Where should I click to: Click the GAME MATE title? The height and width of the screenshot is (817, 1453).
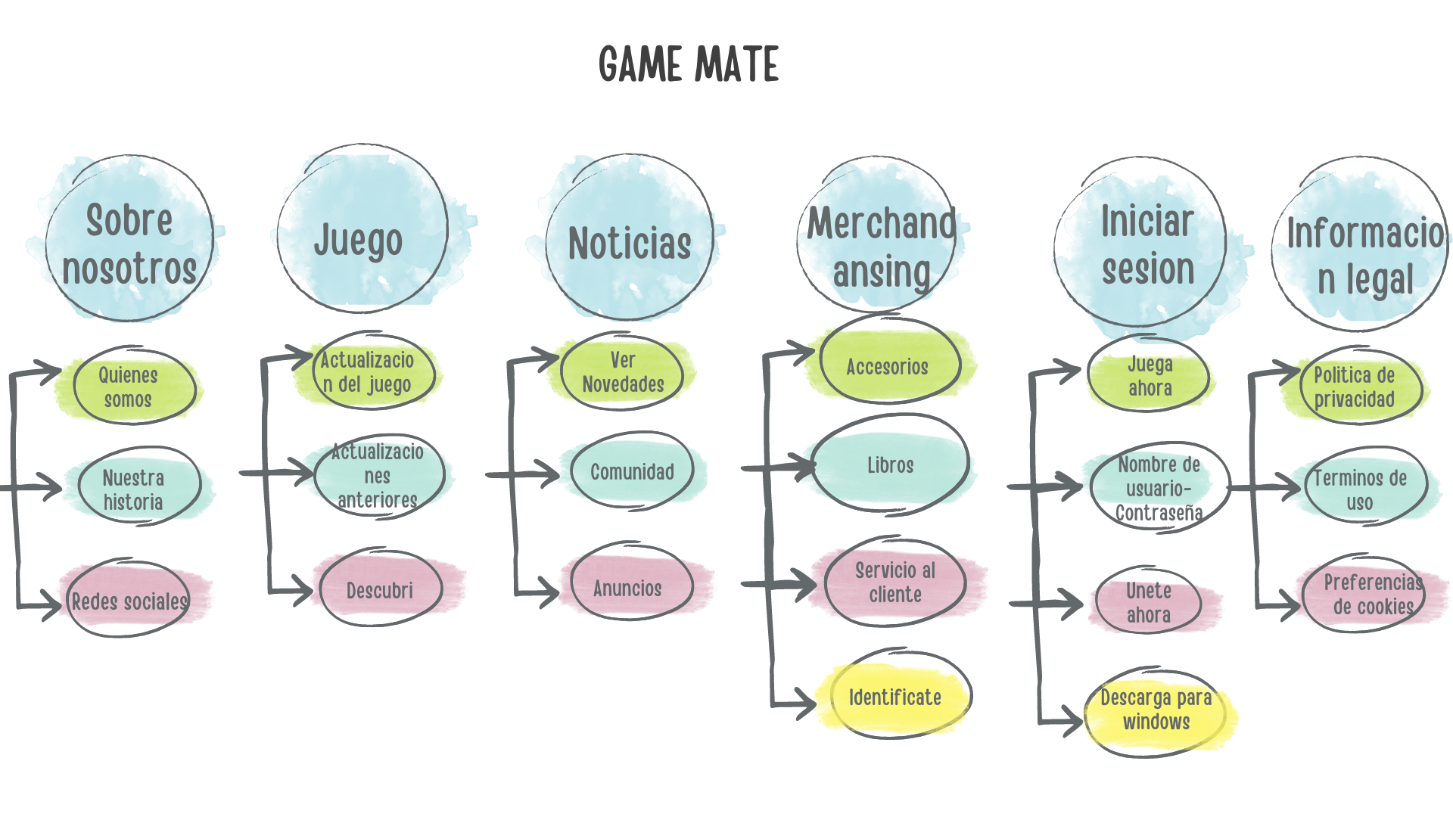pyautogui.click(x=688, y=64)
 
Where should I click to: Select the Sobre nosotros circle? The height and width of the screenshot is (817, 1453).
pyautogui.click(x=129, y=242)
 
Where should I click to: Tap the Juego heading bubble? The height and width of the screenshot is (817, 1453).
pyautogui.click(x=360, y=238)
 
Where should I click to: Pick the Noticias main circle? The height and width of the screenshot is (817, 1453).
pyautogui.click(x=629, y=242)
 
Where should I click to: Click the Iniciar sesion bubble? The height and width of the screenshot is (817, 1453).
pyautogui.click(x=1147, y=244)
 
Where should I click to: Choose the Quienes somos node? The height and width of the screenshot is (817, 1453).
pyautogui.click(x=129, y=387)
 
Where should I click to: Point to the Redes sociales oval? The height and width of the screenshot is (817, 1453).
pyautogui.click(x=129, y=601)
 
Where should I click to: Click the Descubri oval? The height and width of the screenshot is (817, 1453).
pyautogui.click(x=380, y=589)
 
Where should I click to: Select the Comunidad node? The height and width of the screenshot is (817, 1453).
pyautogui.click(x=632, y=472)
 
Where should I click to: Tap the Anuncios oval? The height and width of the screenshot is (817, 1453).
pyautogui.click(x=628, y=587)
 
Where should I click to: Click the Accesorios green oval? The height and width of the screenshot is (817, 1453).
pyautogui.click(x=888, y=366)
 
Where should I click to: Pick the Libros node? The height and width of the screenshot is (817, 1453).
pyautogui.click(x=890, y=465)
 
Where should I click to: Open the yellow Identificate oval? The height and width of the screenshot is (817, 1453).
pyautogui.click(x=895, y=697)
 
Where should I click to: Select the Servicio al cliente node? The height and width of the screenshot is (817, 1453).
pyautogui.click(x=895, y=582)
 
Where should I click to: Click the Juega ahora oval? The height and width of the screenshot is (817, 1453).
pyautogui.click(x=1150, y=376)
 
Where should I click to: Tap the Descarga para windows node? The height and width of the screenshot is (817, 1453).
pyautogui.click(x=1156, y=710)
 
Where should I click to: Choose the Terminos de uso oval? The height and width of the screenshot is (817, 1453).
pyautogui.click(x=1360, y=489)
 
